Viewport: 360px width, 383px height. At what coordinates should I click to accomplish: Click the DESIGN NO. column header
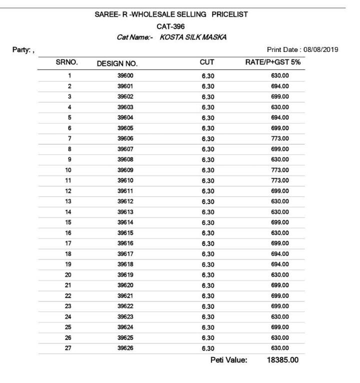coord(117,63)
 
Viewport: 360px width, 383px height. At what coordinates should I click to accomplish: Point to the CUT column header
coord(207,63)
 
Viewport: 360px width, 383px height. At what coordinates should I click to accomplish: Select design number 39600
coord(124,75)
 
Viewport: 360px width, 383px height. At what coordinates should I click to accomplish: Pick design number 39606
coord(124,138)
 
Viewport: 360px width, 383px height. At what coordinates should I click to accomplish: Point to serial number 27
coord(69,348)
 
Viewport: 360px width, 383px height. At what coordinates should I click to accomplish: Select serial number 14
coord(69,212)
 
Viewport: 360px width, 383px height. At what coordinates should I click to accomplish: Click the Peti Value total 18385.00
coord(282,360)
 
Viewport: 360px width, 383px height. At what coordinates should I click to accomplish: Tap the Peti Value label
coord(228,360)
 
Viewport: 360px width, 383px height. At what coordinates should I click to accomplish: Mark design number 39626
coord(124,348)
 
